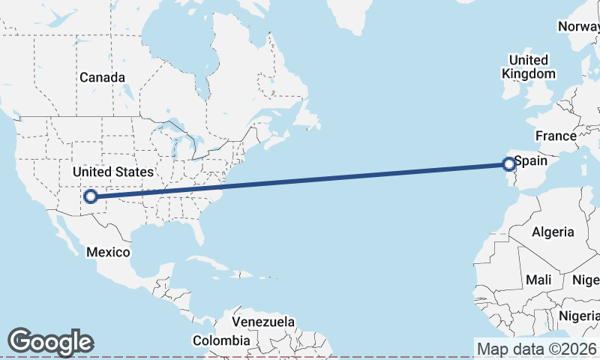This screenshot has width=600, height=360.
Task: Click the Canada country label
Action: [102, 77]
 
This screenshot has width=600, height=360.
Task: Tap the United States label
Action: [112, 172]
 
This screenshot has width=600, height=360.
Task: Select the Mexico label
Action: [108, 252]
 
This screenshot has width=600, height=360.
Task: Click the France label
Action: [555, 136]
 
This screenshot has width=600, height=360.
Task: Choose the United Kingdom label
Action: [529, 67]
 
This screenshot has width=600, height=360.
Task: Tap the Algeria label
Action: [553, 232]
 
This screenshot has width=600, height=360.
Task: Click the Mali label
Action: [538, 280]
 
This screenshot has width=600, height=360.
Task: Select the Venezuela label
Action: [262, 322]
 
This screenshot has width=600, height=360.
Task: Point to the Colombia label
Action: [220, 340]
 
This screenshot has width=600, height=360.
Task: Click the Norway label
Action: [578, 27]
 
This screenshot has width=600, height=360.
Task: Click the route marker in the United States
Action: [90, 196]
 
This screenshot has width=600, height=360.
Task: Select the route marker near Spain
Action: [508, 163]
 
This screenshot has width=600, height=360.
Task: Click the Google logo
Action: [50, 342]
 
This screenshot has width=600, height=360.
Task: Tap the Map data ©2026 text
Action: [537, 349]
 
